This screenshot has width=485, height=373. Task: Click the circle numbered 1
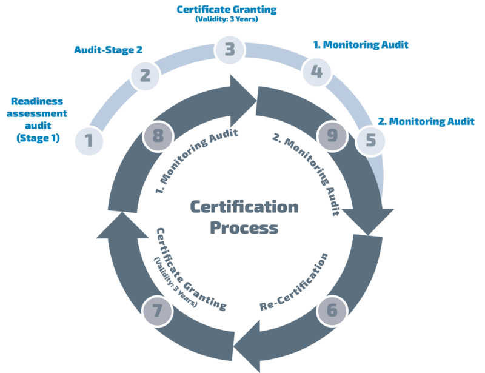click(x=89, y=141)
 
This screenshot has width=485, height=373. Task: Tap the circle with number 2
click(x=145, y=76)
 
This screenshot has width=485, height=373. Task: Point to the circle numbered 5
click(x=371, y=141)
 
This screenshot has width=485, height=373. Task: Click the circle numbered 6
click(x=332, y=311)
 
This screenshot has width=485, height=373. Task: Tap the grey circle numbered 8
click(x=158, y=136)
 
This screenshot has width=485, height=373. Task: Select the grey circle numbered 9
click(x=332, y=135)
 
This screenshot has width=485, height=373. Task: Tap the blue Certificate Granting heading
click(x=226, y=10)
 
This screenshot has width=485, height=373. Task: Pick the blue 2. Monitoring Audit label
click(x=426, y=121)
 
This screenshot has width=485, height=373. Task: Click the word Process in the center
click(x=244, y=228)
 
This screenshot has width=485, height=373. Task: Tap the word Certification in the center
click(x=244, y=207)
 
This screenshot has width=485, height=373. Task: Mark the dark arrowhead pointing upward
click(x=111, y=225)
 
